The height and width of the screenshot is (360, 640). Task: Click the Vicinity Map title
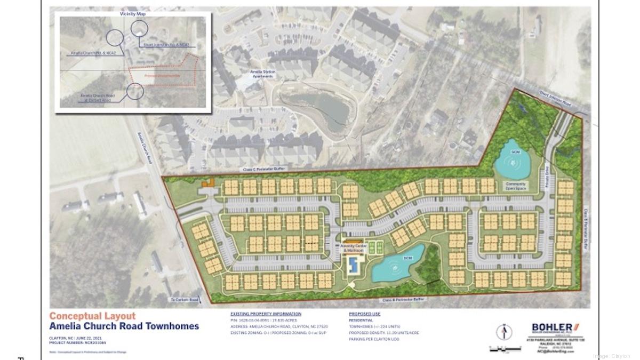tap(133, 14)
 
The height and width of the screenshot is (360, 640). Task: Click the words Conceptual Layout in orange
tap(92, 316)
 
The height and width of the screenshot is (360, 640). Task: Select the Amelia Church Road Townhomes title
tap(124, 326)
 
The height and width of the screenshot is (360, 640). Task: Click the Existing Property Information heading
tap(266, 314)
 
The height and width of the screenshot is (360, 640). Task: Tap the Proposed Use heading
tap(364, 314)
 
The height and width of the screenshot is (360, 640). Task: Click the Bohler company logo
tap(555, 327)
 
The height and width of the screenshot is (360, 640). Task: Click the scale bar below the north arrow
tap(505, 349)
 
